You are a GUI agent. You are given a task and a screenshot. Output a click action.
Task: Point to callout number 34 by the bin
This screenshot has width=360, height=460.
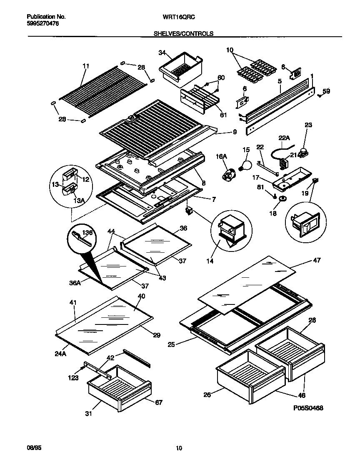coord(162,53)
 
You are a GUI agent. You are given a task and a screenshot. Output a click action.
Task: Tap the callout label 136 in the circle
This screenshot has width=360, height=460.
coord(87,232)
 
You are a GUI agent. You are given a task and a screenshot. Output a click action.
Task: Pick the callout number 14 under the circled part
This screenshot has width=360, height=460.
coord(210,261)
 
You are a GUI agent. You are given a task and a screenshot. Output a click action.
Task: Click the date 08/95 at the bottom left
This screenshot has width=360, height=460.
coord(34,447)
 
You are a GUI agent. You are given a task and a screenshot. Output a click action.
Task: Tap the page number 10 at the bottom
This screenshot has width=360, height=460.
coord(179,448)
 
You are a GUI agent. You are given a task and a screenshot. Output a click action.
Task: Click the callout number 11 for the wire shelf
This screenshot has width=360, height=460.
coord(86,66)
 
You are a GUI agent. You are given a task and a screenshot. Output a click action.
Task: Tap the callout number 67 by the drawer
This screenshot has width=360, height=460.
coord(159,402)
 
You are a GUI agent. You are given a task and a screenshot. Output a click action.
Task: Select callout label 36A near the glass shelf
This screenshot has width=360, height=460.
coord(75,282)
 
